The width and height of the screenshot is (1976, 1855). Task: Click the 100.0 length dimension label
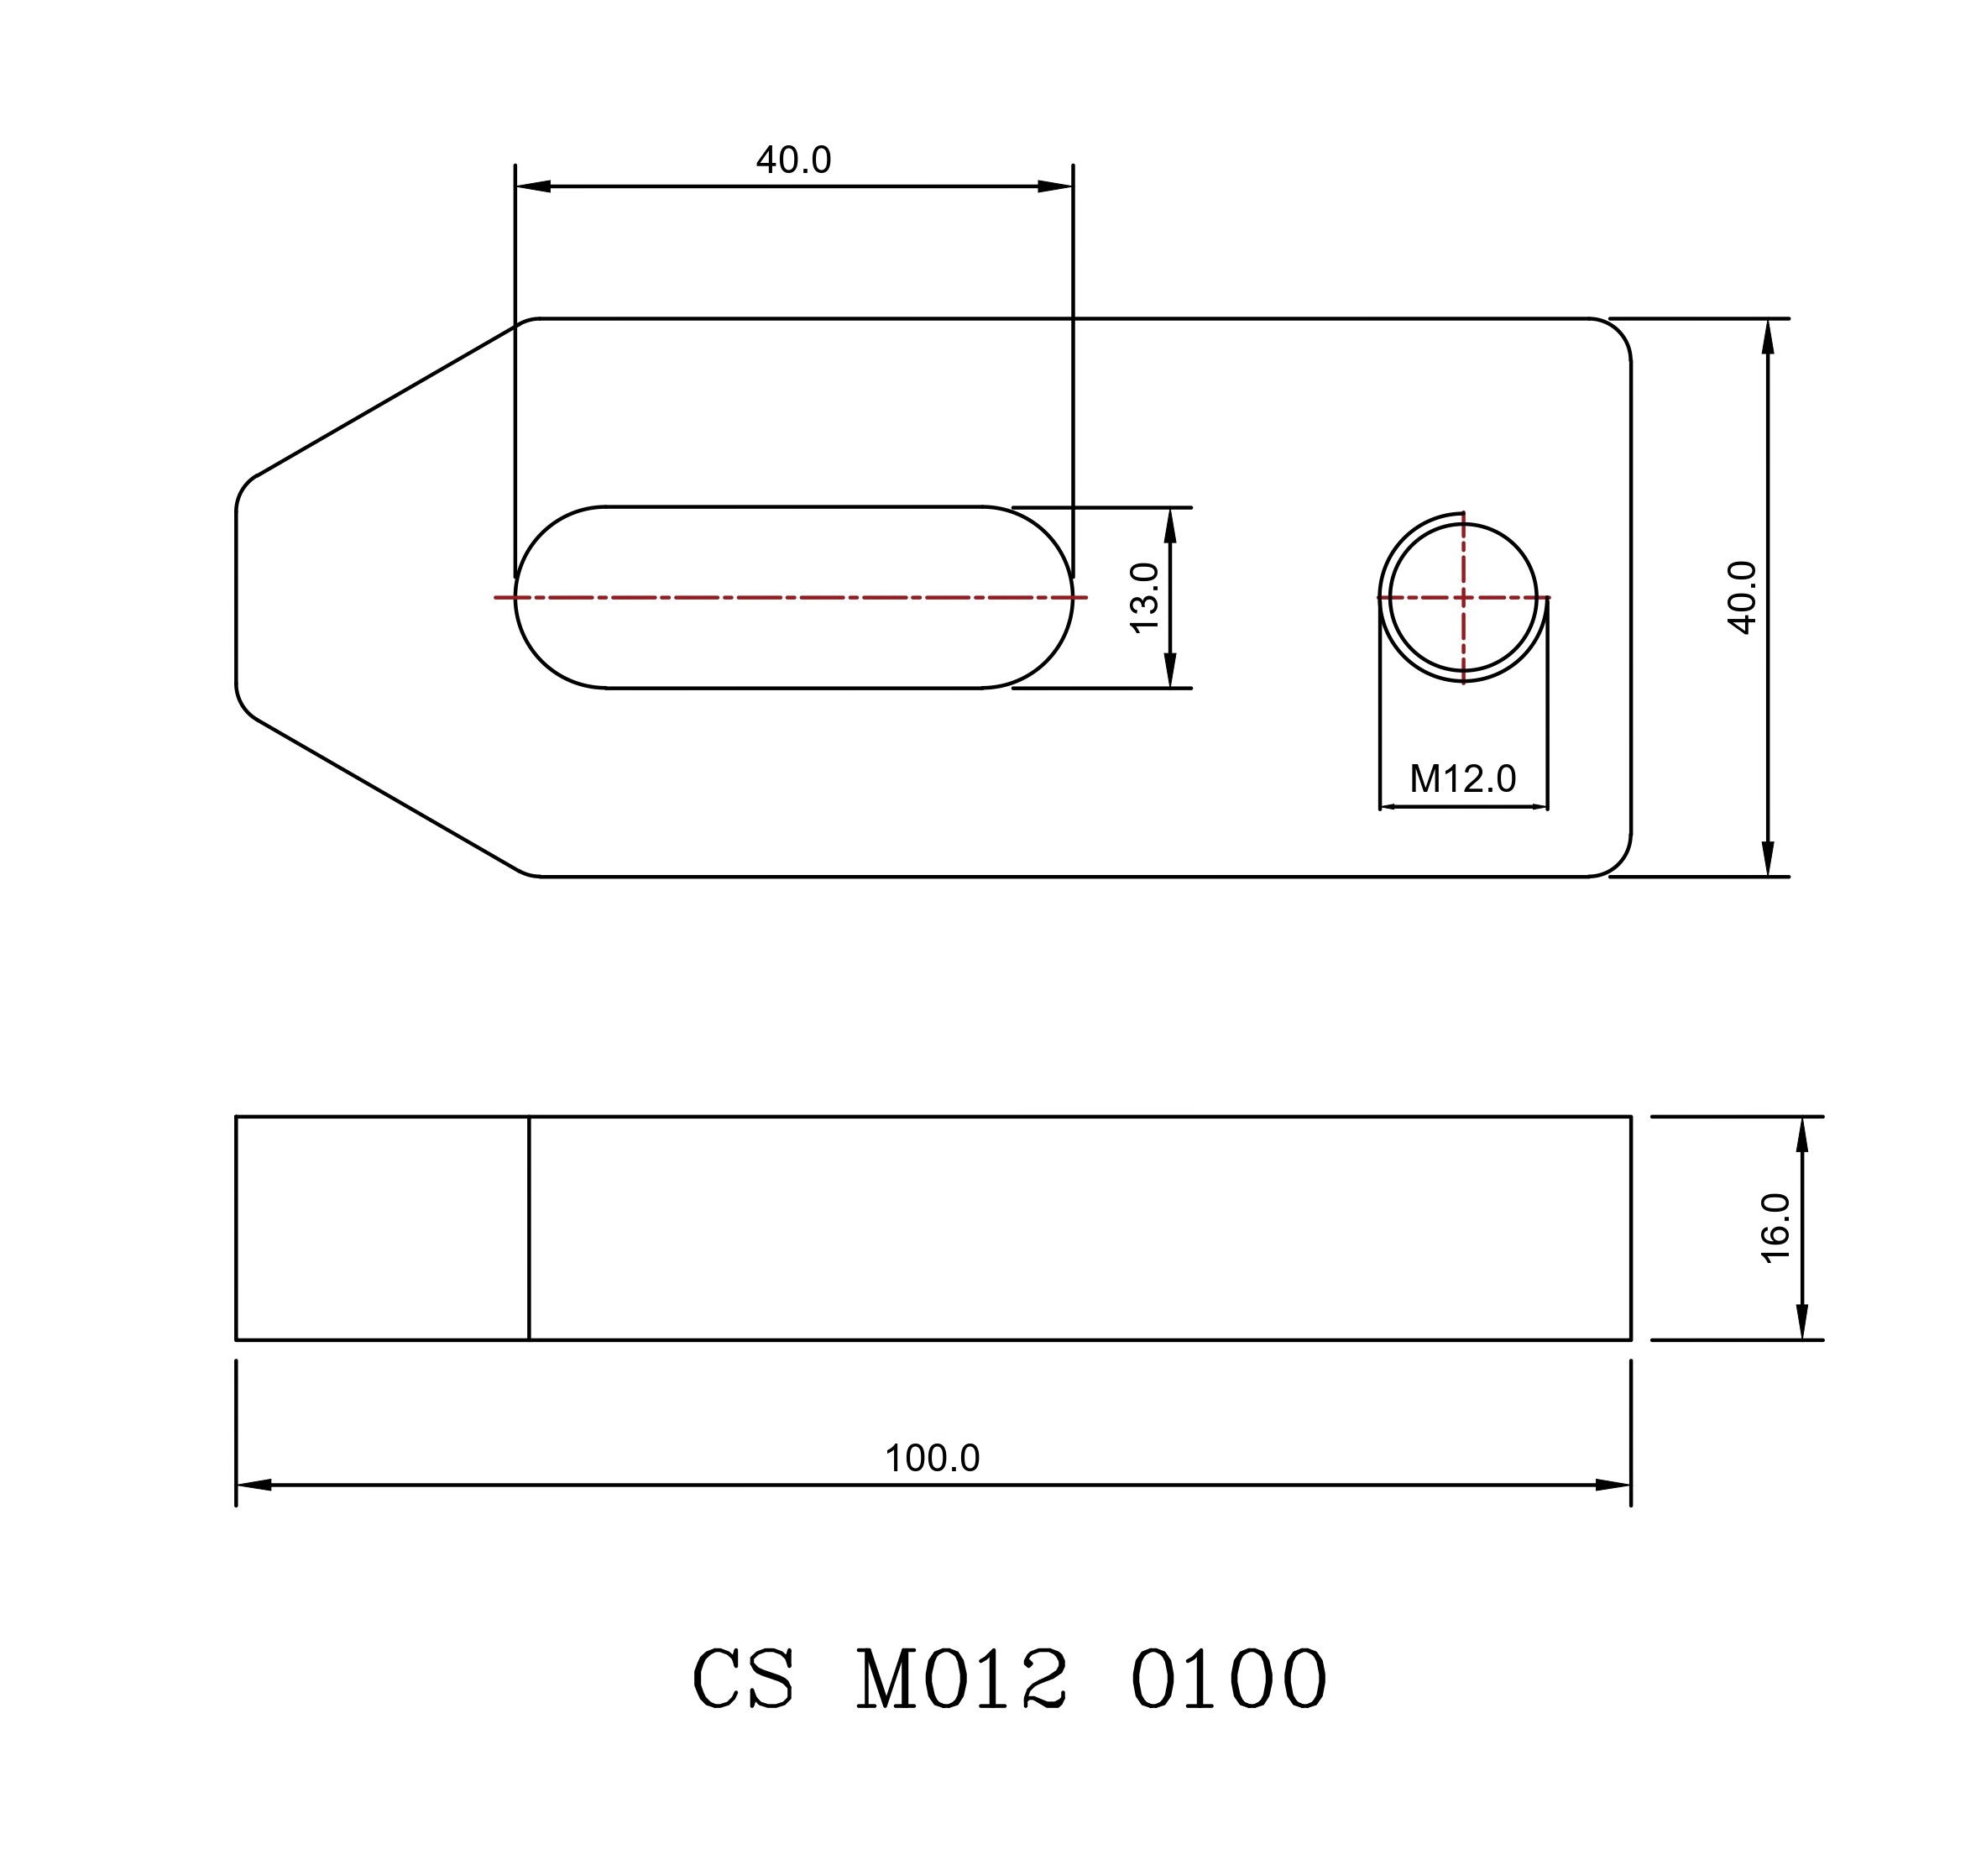click(933, 1459)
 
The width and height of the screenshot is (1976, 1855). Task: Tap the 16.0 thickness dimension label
click(1775, 1228)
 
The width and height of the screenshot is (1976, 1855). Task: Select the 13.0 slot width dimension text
click(1144, 596)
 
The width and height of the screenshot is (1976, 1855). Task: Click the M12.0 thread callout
click(1462, 778)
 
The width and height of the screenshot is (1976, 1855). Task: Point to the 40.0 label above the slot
click(793, 159)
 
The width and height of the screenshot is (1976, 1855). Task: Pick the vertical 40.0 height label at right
click(1743, 596)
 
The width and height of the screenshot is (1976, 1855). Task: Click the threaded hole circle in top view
click(1537, 597)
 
